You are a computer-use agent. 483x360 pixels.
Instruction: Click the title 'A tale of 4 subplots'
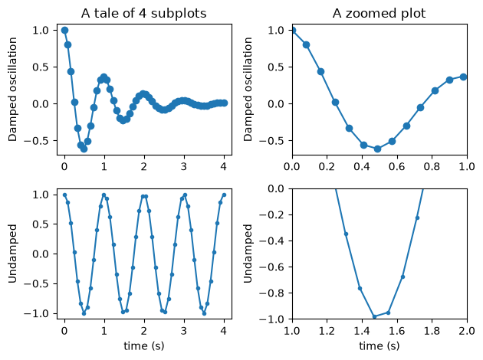coord(144,14)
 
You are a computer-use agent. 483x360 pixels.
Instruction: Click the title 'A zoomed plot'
coord(379,14)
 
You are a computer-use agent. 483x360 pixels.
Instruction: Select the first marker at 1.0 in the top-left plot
coord(64,30)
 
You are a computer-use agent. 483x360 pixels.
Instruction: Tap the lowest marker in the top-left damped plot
coord(84,149)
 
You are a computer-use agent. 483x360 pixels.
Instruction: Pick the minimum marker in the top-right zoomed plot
coord(378,149)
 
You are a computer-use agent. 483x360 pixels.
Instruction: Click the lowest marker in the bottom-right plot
coord(375,316)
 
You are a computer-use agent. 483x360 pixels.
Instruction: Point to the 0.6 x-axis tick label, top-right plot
coord(397,166)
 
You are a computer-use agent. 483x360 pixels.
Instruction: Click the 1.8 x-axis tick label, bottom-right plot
coord(432,331)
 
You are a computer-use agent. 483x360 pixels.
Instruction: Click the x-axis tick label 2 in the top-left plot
coord(144,166)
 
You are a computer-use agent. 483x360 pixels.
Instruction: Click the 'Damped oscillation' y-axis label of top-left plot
coord(12,89)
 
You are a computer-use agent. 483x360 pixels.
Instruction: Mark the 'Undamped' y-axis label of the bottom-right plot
coord(248,254)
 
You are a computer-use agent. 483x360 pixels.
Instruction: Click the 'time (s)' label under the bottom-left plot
coord(144,346)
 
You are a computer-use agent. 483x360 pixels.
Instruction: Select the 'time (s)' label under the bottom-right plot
coord(379,346)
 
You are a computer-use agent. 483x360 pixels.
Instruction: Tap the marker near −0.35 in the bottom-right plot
coord(346,234)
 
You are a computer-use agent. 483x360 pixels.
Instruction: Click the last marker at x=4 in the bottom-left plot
coord(224,195)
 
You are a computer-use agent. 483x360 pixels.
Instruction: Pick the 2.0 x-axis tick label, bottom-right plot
coord(467,331)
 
